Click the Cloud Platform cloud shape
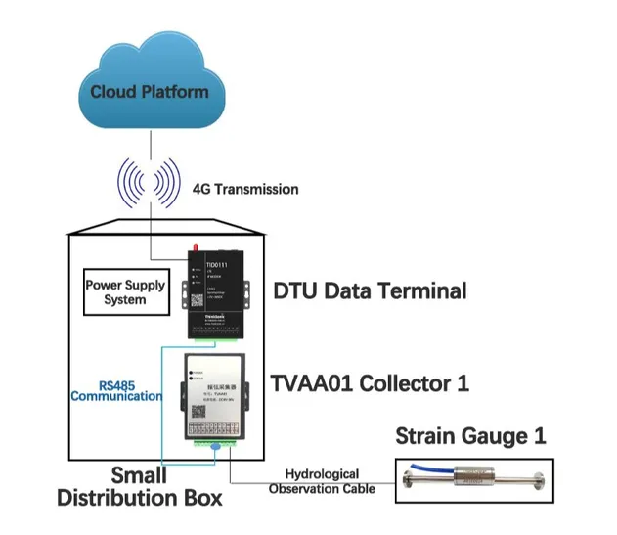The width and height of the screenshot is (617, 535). click(x=149, y=88)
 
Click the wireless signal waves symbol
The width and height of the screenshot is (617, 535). click(x=151, y=183)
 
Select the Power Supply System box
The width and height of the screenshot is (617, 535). click(x=125, y=292)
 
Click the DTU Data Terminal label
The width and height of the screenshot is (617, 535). click(x=372, y=290)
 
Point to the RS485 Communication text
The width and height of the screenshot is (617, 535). click(x=115, y=390)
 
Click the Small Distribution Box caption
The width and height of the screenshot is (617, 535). click(x=139, y=487)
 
